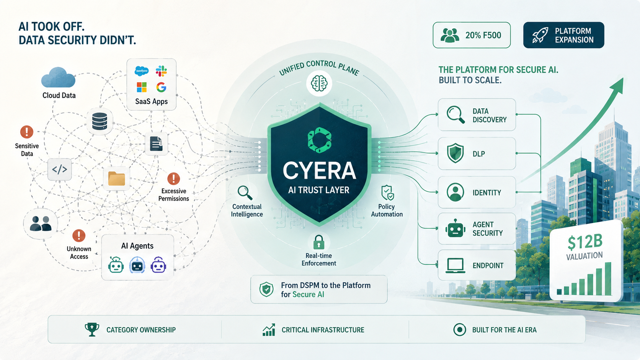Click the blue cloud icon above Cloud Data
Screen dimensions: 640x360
58,77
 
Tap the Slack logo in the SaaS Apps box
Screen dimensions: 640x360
161,71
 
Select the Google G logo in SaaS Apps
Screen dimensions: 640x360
161,87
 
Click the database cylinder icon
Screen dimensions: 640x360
100,121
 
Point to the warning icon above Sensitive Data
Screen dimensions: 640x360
26,132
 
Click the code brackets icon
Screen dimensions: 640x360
59,169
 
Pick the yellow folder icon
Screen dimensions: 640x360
117,179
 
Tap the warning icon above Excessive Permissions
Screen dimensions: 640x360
173,179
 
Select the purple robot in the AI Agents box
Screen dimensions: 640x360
158,265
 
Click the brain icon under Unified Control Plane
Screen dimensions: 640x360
319,84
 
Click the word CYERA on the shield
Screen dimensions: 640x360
319,171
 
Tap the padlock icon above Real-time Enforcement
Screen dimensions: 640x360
319,242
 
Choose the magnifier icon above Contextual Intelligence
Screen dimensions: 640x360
245,193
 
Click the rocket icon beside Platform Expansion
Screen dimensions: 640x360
540,35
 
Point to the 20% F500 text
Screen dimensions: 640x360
483,35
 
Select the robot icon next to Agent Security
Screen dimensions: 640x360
455,228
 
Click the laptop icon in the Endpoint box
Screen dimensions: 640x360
456,266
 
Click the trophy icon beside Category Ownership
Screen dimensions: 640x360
92,330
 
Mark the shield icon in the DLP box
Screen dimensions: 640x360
455,153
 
